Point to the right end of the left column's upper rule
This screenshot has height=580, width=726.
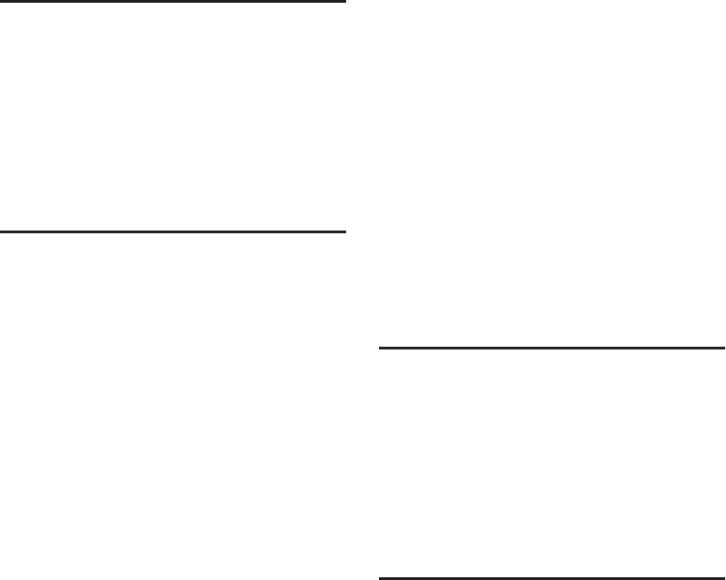pos(344,2)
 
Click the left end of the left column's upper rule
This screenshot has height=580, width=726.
pos(2,2)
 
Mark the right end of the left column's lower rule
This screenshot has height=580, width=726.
pos(344,232)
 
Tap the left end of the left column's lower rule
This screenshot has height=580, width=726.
pos(2,232)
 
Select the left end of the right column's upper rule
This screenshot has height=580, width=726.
pos(381,348)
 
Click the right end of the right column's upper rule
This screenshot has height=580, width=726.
pos(723,348)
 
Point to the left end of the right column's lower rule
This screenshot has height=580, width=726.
pos(381,577)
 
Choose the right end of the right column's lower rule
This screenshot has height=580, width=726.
pos(723,577)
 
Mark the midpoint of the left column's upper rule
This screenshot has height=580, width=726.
pos(173,2)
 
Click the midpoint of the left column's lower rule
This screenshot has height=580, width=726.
pos(173,232)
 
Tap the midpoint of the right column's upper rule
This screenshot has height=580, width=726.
pos(552,348)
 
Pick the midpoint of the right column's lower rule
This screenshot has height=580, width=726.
pos(552,577)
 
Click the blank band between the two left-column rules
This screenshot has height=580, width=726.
pos(173,117)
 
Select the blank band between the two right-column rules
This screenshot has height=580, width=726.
pos(552,462)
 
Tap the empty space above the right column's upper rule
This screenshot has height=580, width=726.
pos(552,174)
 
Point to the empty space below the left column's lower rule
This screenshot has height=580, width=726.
pos(173,403)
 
